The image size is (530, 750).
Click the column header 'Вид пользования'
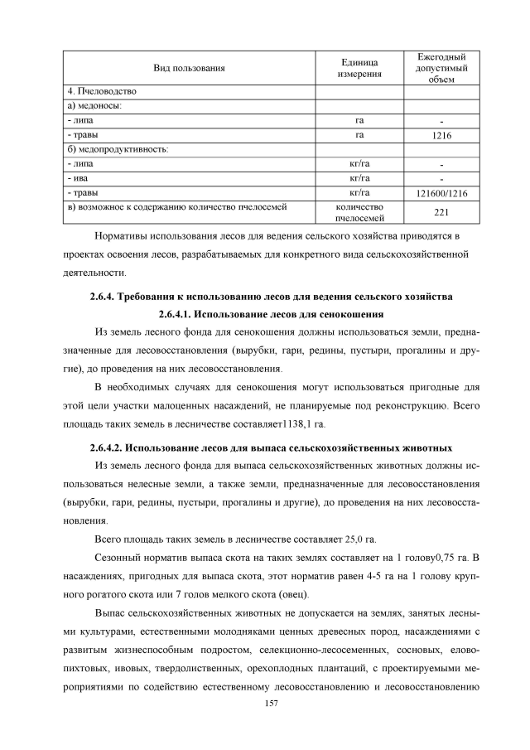(189, 68)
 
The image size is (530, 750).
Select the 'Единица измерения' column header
(359, 68)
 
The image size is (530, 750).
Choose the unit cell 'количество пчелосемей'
(359, 213)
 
